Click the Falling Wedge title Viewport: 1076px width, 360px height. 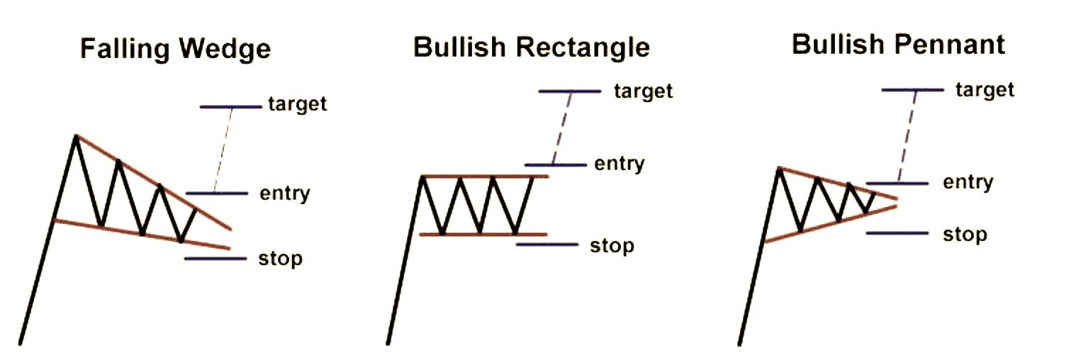point(175,49)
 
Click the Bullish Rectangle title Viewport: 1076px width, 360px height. point(531,47)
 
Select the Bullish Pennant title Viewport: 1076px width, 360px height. point(898,44)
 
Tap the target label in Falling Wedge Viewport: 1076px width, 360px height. point(298,104)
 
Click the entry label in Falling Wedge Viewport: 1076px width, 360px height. point(285,193)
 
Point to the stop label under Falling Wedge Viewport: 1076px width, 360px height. point(281,259)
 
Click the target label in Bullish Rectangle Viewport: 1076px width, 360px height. point(643,91)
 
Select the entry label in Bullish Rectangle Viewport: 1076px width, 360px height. point(619,164)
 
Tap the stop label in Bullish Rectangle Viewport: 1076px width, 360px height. point(612,246)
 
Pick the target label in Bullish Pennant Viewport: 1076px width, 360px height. point(985,89)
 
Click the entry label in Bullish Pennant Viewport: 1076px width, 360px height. point(968,182)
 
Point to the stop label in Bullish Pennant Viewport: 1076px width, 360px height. point(965,234)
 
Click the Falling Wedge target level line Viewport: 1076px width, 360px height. point(230,107)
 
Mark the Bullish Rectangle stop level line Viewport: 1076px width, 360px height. point(547,244)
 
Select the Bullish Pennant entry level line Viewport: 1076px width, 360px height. point(897,184)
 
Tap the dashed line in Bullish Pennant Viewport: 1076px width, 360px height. point(906,136)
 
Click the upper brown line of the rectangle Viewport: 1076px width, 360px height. point(485,176)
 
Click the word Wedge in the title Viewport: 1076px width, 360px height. point(225,49)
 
